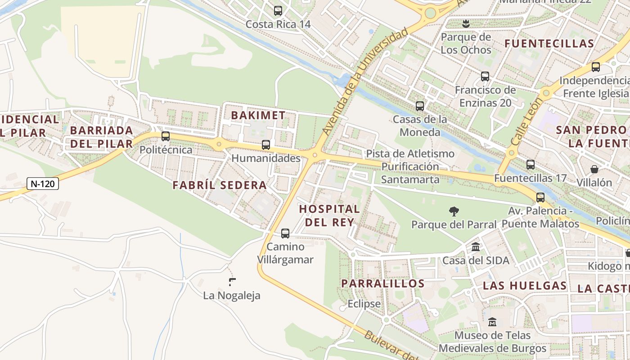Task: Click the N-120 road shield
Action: coord(43,184)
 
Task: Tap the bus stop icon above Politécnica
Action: coord(166,136)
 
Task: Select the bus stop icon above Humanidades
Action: coord(266,145)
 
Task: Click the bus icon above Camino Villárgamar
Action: coord(285,234)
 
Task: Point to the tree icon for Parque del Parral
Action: coord(454,211)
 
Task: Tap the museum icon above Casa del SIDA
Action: coord(476,247)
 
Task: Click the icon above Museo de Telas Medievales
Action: coord(492,322)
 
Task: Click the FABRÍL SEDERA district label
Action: coord(220,185)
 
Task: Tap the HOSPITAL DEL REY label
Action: coord(329,215)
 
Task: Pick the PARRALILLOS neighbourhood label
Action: coord(383,283)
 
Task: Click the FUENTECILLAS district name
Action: coord(549,44)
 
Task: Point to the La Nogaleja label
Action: coord(232,296)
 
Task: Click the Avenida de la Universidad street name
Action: coord(365,81)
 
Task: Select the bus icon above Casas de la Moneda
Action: coord(420,106)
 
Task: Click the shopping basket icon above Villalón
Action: coord(594,170)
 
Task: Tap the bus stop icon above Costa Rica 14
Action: coord(278,11)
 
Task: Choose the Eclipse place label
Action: coord(364,304)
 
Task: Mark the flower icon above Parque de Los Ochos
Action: coord(466,23)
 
